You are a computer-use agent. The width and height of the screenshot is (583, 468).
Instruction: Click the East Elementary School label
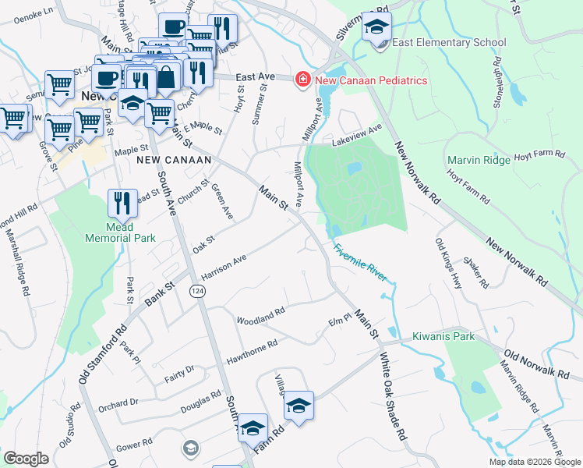(x=450, y=43)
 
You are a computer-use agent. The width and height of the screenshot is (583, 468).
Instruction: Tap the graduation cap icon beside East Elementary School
(x=377, y=28)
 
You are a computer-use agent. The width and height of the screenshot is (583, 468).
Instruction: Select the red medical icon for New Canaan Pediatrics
(x=301, y=80)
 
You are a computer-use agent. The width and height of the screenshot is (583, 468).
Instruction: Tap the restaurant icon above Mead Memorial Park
(x=122, y=203)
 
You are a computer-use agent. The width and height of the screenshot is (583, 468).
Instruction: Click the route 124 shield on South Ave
(x=196, y=290)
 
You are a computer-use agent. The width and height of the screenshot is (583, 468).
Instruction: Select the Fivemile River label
(x=360, y=264)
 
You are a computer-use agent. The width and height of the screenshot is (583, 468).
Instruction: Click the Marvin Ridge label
(x=479, y=160)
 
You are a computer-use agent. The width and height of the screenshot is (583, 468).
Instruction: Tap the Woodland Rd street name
(x=260, y=316)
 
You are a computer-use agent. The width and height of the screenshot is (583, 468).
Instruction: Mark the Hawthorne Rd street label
(x=251, y=353)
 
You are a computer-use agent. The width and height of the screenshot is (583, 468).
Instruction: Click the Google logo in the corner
(x=26, y=459)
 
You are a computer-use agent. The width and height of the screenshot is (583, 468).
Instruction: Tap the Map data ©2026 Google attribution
(x=535, y=462)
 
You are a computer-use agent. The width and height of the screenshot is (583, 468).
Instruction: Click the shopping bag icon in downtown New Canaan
(x=167, y=76)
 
